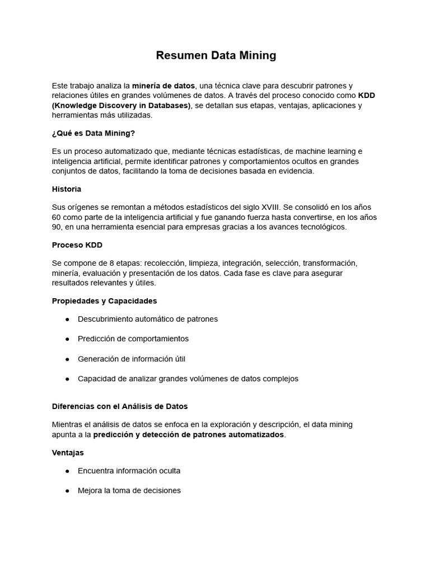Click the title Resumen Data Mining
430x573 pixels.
pos(216,55)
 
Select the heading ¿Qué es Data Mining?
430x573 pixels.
pos(94,133)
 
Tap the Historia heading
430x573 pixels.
pos(67,189)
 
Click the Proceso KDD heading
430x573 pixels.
pos(77,245)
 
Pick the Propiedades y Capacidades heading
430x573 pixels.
pos(104,301)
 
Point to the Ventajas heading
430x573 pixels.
pos(68,452)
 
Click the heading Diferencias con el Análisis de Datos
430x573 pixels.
pos(120,406)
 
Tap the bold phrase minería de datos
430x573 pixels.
pos(163,86)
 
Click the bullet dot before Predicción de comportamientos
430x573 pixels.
pos(67,339)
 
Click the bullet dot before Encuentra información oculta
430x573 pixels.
pos(67,471)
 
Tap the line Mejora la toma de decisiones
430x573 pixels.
pos(129,491)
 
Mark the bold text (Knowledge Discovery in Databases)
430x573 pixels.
pos(121,105)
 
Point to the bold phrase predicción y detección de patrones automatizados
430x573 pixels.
pos(189,435)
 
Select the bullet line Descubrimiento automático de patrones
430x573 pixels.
pos(148,319)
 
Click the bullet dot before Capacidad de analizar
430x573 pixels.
pos(67,379)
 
